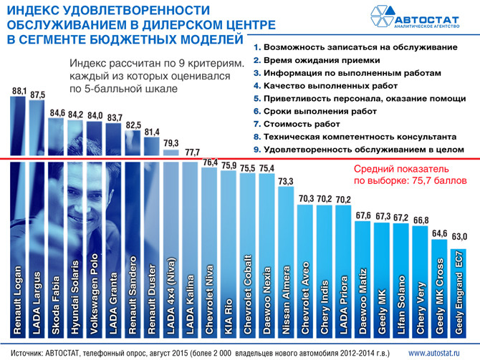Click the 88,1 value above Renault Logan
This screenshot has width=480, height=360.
pos(19,91)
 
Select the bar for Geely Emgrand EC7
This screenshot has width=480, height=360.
pos(459,293)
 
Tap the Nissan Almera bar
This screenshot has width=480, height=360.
pos(286,262)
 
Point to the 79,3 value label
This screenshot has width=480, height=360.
pos(171,143)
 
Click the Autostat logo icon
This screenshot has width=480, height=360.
pos(382,16)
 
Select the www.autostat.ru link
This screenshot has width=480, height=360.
pos(434,354)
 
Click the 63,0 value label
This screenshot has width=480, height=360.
pos(459,236)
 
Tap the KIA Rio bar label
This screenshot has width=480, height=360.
pos(229,316)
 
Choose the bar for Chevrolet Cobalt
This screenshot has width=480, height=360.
pos(248,256)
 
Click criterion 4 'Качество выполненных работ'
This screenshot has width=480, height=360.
pos(325,86)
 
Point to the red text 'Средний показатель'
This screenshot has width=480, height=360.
pos(401,169)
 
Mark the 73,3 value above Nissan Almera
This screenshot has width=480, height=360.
pos(286,181)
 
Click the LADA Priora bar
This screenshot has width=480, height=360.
pos(343,271)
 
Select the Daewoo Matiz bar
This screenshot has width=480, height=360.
pos(363,280)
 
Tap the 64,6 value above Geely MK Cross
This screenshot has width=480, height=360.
pos(440,234)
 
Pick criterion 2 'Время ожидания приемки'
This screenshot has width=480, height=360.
pos(317,60)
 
